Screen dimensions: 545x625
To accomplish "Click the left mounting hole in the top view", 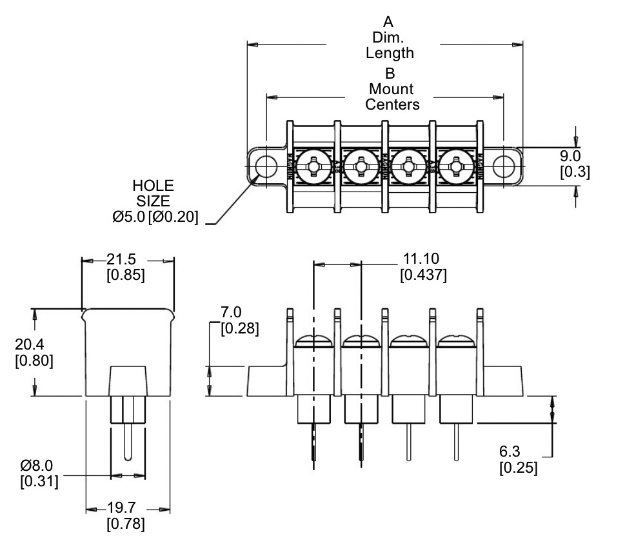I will click(264, 166).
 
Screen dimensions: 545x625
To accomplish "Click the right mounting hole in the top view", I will click(502, 166).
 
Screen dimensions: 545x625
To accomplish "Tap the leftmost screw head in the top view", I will click(312, 167).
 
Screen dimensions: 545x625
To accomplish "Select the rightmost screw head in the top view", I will click(455, 167).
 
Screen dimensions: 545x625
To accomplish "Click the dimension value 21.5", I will click(121, 260).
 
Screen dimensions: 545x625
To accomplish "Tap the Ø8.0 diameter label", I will click(37, 466).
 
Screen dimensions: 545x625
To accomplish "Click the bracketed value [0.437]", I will click(423, 275).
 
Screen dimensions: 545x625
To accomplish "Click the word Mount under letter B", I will click(392, 89).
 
